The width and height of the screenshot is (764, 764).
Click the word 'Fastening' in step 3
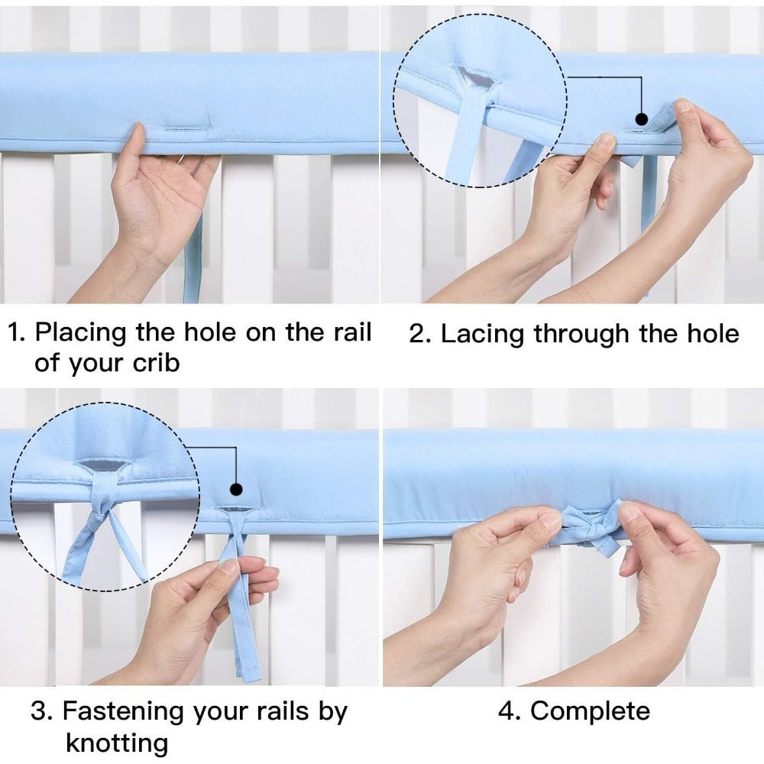[124, 712]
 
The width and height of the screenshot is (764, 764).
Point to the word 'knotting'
[117, 744]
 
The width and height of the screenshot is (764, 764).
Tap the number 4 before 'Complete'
[507, 711]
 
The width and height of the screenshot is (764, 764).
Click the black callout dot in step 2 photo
[643, 119]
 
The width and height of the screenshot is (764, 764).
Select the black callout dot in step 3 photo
[236, 489]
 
